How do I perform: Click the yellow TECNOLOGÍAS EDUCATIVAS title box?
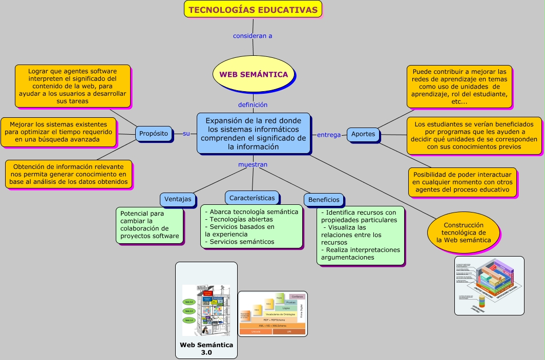click(253, 9)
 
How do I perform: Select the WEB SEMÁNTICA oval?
click(254, 74)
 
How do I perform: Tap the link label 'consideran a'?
click(253, 36)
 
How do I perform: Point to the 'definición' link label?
click(253, 104)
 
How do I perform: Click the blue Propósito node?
click(154, 133)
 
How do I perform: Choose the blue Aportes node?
click(363, 134)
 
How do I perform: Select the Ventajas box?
click(178, 199)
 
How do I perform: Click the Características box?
click(251, 198)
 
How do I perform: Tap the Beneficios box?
click(324, 200)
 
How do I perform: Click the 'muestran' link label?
click(253, 164)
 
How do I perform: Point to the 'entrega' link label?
click(329, 135)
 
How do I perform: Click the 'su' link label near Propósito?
click(186, 133)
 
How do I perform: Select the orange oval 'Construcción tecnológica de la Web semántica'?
click(464, 233)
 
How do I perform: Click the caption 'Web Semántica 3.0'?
click(206, 348)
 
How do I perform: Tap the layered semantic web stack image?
click(272, 314)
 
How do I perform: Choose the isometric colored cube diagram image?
click(489, 285)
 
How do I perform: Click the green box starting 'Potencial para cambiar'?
click(150, 225)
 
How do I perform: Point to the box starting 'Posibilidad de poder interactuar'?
click(462, 182)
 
